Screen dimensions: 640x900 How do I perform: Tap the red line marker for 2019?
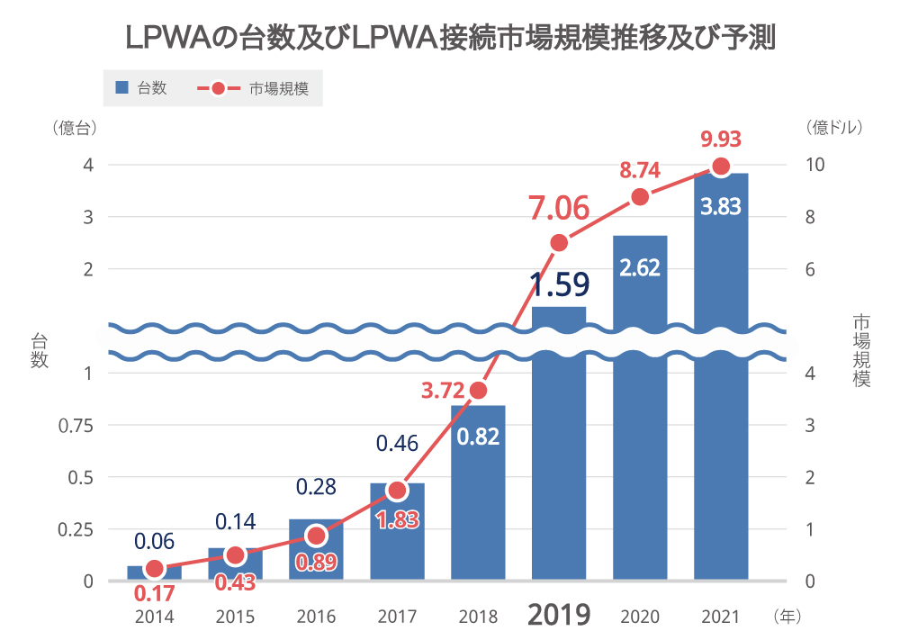559,243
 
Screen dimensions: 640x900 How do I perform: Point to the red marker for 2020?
640,197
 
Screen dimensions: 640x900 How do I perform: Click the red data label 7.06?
559,209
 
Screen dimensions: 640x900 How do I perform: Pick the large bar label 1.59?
559,284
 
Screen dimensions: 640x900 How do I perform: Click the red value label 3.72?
443,391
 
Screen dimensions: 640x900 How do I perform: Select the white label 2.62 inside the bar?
640,266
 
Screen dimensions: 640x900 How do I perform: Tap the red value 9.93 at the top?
720,139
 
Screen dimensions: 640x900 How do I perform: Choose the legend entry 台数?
142,88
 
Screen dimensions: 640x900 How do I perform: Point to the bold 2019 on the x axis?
559,615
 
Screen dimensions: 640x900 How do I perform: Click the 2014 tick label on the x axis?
154,617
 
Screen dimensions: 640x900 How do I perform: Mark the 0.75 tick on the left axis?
76,425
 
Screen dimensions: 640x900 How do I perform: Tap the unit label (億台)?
74,128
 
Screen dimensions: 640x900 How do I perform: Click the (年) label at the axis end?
786,617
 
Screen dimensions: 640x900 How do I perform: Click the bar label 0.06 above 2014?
154,542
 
